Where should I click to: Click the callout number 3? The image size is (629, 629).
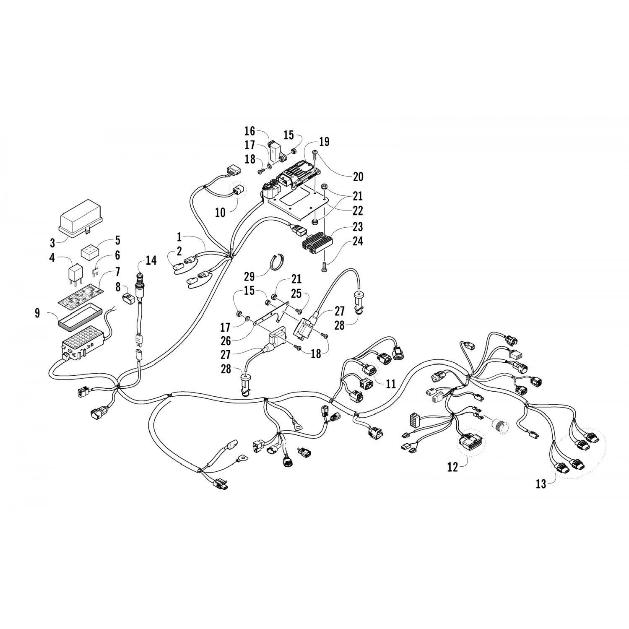click(52, 243)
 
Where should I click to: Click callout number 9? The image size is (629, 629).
click(38, 313)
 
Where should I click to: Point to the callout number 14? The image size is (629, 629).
click(151, 261)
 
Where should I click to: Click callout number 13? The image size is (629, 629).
click(541, 484)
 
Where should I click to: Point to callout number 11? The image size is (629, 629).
click(391, 384)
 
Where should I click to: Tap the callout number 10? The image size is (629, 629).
click(221, 213)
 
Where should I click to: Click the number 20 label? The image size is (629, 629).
click(358, 177)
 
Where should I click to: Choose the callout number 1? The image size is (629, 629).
click(179, 237)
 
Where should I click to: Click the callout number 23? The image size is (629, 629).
click(358, 227)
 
